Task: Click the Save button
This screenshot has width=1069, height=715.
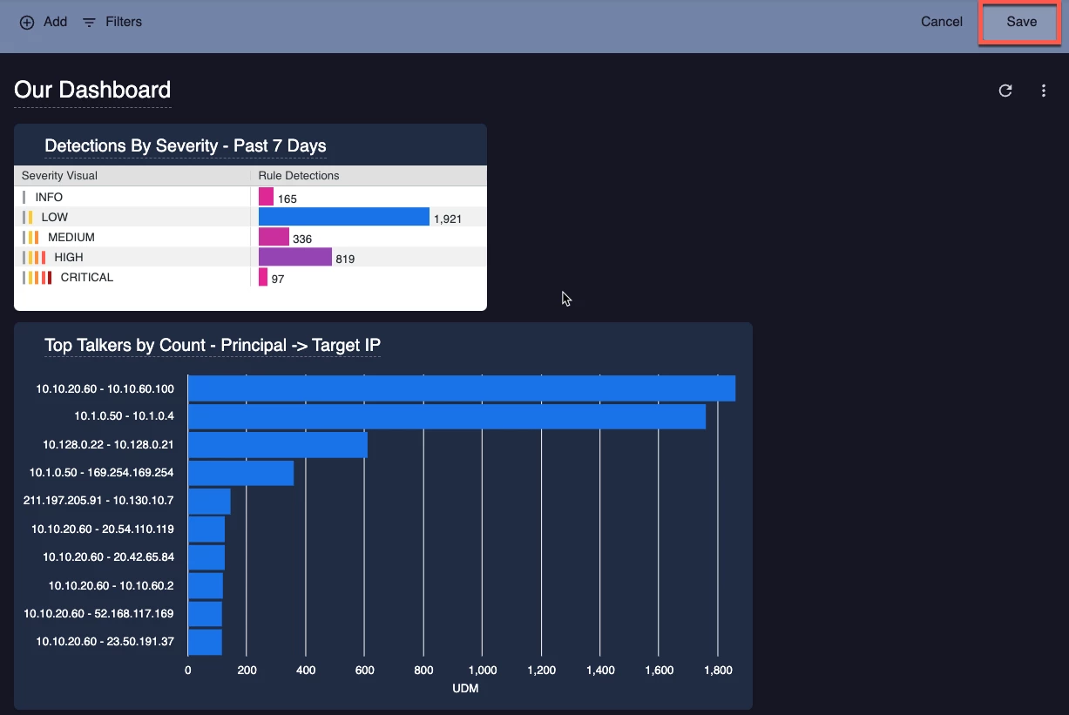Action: pos(1021,22)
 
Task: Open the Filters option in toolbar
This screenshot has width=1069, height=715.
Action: pos(112,22)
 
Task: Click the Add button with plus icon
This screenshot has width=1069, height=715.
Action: pos(44,22)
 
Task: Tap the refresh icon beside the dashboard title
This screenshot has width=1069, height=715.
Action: pos(1005,91)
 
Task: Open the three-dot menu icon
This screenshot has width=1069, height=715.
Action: pos(1044,91)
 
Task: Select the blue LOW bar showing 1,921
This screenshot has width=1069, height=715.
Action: pos(343,217)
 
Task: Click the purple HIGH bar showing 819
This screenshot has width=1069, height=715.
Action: pos(295,257)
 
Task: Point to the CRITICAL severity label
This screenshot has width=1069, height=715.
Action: pos(87,277)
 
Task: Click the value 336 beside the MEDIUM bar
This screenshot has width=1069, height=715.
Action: pos(302,239)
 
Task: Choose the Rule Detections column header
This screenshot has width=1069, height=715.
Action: pos(299,176)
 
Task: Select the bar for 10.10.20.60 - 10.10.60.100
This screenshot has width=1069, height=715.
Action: pos(461,388)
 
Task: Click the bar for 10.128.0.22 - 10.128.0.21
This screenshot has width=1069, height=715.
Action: pos(277,445)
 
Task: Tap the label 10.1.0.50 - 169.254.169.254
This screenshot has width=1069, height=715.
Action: pos(101,473)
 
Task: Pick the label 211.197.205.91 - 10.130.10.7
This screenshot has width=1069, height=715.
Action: pos(98,501)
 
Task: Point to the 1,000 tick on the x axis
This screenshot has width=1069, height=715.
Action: pos(483,671)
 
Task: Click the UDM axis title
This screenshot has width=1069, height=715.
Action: pos(465,688)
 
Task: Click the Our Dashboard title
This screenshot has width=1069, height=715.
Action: pos(92,90)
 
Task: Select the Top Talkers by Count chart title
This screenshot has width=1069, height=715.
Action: pos(213,345)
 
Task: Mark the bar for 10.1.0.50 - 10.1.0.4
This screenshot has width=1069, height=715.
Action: pos(446,416)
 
